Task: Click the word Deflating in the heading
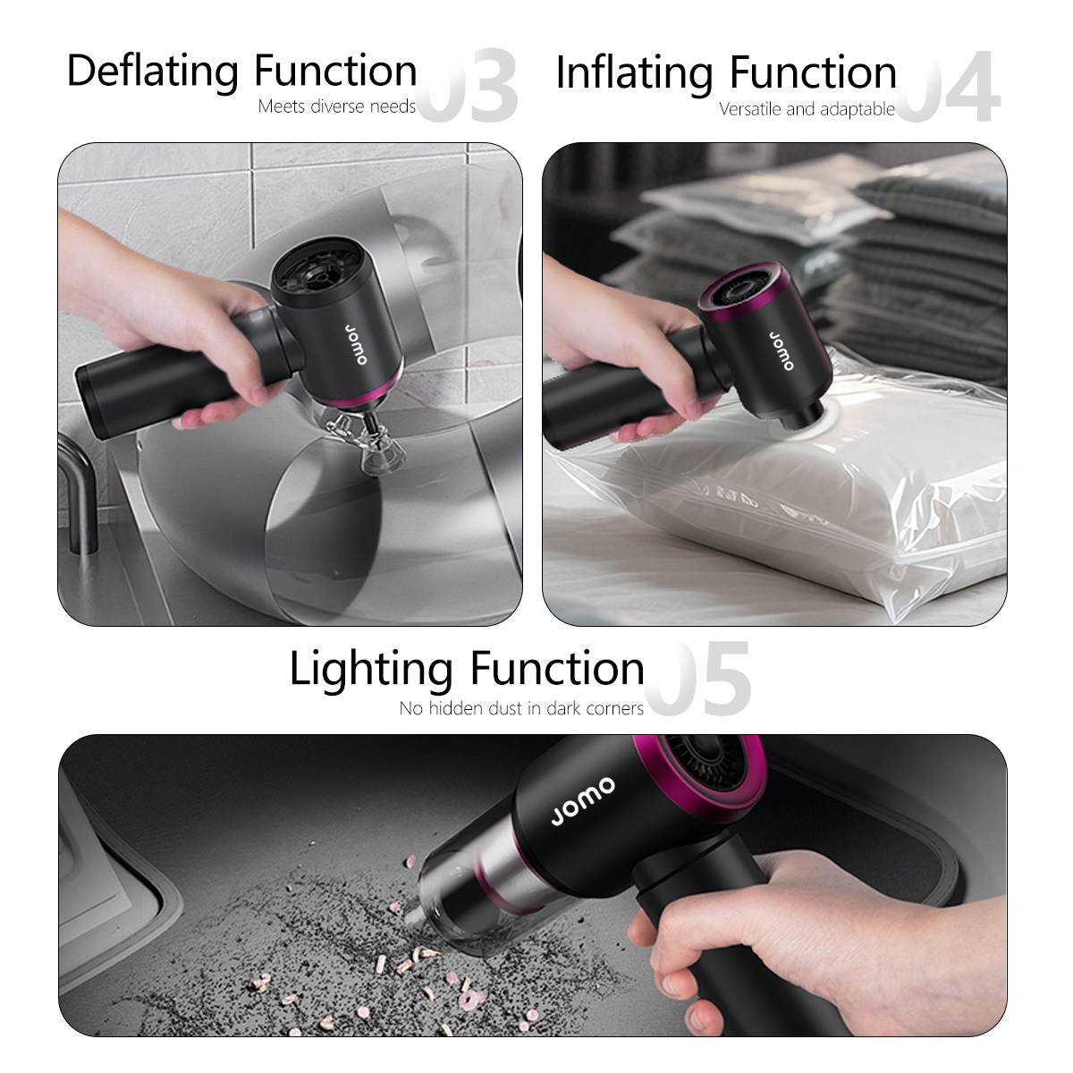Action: (153, 72)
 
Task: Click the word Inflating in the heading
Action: (634, 73)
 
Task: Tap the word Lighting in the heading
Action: (371, 670)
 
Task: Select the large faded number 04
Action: (948, 87)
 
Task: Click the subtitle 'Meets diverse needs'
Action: (337, 106)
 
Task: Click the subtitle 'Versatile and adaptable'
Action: (807, 109)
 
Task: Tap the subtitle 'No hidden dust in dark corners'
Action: (521, 709)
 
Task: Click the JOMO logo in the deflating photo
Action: (356, 344)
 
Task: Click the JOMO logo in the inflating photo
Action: (782, 351)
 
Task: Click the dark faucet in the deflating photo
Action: (82, 490)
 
